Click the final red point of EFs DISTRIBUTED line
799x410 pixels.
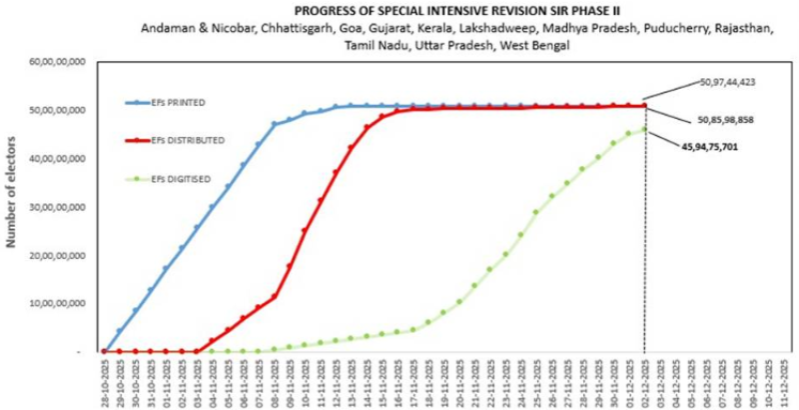pyautogui.click(x=644, y=105)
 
